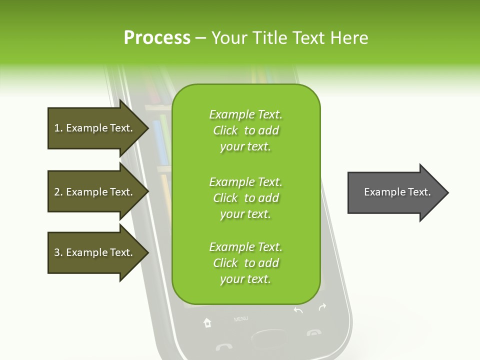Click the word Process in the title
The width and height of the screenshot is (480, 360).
[x=157, y=37]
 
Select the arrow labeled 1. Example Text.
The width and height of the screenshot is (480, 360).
[x=95, y=128]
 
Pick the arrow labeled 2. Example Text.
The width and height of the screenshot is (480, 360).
[x=95, y=192]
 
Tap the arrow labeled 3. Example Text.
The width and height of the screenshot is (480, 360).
[x=95, y=252]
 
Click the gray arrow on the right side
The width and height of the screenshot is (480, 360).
[x=397, y=192]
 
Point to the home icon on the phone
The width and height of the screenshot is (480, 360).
[x=207, y=323]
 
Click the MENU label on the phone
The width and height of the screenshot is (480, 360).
[x=240, y=318]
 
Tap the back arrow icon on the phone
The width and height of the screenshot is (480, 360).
[x=298, y=310]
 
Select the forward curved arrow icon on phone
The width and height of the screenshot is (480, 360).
[x=322, y=306]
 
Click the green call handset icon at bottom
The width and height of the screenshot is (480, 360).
[x=223, y=346]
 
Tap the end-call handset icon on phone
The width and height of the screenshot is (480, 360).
[x=314, y=332]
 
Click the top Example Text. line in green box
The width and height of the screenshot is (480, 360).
[x=245, y=114]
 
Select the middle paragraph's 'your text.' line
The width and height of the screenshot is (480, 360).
[x=245, y=214]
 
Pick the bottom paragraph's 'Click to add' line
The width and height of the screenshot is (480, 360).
[x=245, y=263]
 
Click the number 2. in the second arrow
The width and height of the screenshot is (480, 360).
[x=58, y=192]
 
